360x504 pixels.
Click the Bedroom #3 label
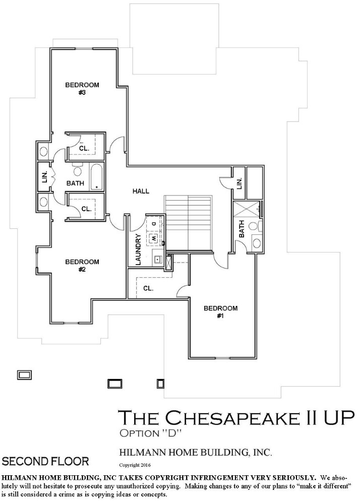(82, 89)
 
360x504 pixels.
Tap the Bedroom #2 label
(82, 266)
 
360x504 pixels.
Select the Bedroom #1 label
(220, 312)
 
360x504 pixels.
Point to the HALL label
(141, 191)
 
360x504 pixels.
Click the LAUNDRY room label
(138, 249)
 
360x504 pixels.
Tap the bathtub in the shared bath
(97, 177)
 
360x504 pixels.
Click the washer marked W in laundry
(154, 238)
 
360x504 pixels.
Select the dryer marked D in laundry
(154, 224)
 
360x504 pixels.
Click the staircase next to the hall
(189, 223)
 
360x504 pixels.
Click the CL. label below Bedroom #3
(84, 149)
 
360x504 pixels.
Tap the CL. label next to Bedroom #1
(148, 288)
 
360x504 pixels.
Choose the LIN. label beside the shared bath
(45, 177)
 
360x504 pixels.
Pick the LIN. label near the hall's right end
(239, 184)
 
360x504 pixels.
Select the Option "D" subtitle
(151, 433)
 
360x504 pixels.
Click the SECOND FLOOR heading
(45, 462)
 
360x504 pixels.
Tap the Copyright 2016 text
(135, 465)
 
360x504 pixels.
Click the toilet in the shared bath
(78, 169)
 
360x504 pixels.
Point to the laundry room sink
(157, 258)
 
